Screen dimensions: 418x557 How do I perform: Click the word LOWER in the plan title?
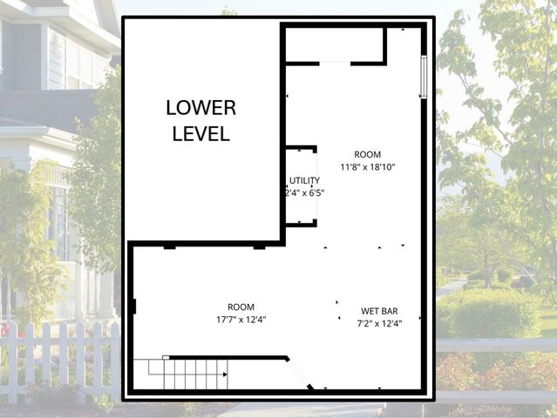pos(201,108)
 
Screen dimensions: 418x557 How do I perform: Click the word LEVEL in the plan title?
pos(201,134)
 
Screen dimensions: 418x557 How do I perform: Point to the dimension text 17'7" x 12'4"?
pos(241,320)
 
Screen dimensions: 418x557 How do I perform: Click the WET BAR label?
pos(379,311)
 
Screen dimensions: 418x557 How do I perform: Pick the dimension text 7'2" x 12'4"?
pos(379,323)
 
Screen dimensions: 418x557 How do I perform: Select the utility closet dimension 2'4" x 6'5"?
pos(304,193)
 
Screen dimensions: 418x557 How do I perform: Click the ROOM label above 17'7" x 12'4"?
pos(241,307)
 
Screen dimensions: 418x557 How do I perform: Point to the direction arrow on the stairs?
pos(224,374)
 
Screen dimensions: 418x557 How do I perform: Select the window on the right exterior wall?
pos(424,77)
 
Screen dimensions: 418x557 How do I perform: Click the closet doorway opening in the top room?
pos(336,63)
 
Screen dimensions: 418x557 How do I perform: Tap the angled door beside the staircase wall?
pos(302,373)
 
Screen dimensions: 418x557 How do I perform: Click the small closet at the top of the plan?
pos(335,44)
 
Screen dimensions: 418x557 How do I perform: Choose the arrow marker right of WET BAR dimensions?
pos(420,317)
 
